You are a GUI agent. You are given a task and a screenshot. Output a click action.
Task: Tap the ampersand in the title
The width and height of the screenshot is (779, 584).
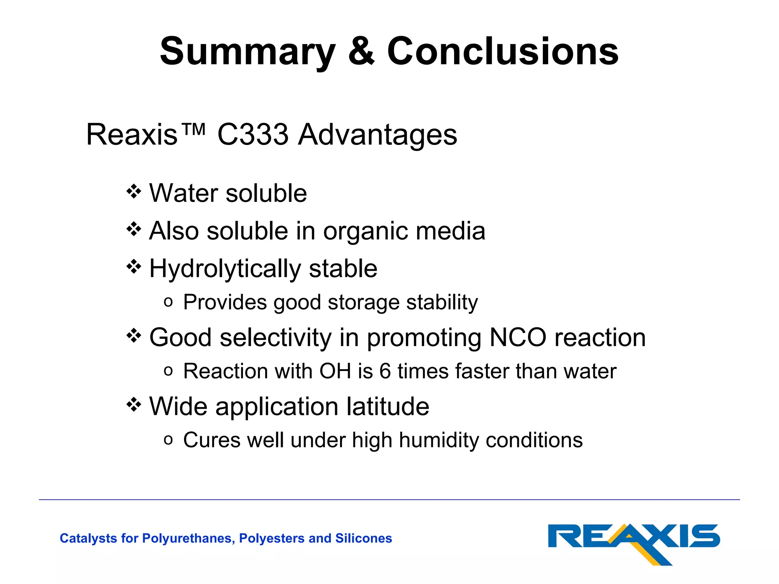[361, 51]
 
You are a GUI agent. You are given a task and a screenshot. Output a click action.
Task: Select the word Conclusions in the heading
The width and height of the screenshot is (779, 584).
[503, 51]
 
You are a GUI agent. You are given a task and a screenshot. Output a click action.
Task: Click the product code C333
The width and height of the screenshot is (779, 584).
[253, 135]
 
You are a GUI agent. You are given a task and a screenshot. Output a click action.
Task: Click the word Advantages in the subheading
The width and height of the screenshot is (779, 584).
[377, 135]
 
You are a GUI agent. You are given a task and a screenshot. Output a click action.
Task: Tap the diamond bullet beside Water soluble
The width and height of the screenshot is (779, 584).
[134, 191]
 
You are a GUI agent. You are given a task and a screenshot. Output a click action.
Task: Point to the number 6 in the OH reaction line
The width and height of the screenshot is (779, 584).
[385, 371]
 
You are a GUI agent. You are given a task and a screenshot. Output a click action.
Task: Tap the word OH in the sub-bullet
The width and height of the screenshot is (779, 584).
[335, 371]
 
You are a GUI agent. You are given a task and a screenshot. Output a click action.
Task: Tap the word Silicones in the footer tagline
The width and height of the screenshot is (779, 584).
[363, 538]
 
